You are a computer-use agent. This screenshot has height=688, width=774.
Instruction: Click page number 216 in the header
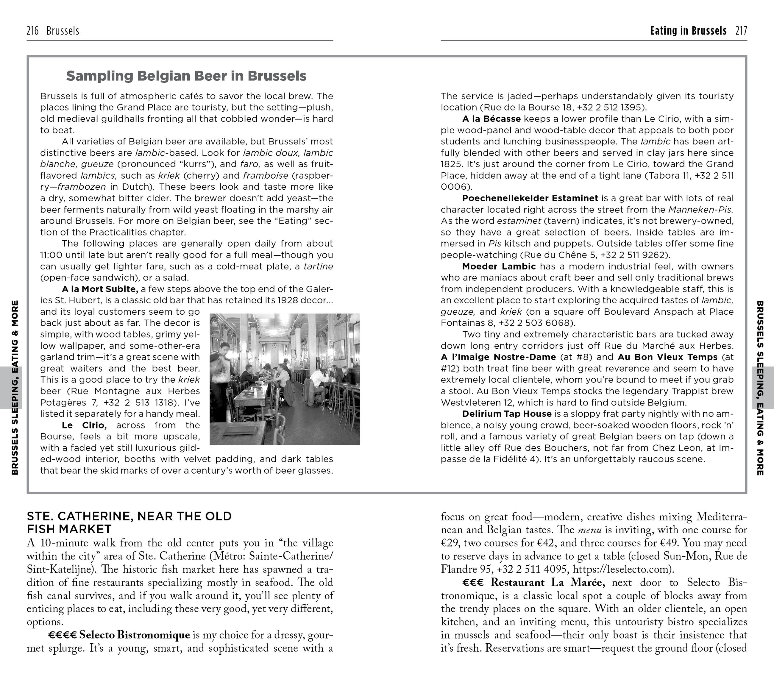[32, 31]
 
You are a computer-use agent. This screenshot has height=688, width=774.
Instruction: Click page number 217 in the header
[741, 31]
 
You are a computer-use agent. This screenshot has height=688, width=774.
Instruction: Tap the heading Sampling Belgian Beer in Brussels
[186, 76]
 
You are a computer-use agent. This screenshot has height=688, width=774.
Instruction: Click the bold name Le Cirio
[84, 425]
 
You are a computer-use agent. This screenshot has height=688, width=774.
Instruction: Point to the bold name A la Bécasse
[491, 119]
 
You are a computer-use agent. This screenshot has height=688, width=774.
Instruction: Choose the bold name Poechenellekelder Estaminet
[530, 198]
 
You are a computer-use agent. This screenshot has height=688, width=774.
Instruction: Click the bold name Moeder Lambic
[499, 266]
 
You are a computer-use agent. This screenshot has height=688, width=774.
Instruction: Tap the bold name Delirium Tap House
[507, 414]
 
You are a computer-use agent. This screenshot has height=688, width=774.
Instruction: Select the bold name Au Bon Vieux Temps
[667, 357]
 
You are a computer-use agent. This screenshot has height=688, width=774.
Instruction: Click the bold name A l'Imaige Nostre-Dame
[498, 357]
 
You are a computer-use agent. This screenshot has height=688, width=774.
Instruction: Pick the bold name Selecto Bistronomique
[135, 635]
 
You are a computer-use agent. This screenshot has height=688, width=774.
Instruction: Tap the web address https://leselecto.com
[621, 569]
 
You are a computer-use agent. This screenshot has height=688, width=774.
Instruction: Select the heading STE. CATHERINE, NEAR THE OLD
[129, 517]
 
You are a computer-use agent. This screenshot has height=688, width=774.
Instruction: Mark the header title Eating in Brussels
[688, 31]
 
